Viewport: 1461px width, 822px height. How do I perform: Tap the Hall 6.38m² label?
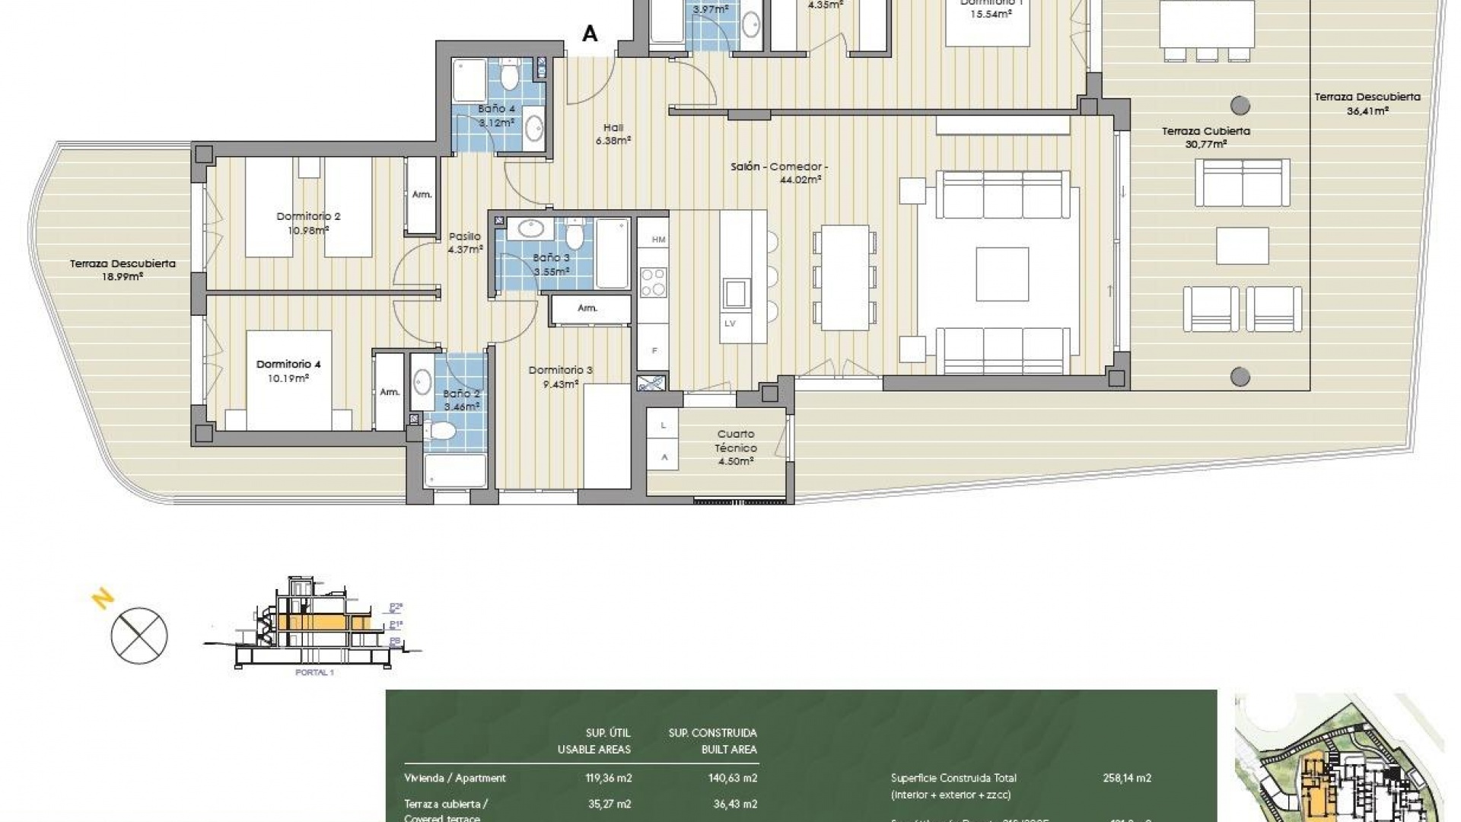[613, 134]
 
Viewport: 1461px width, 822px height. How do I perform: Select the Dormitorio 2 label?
[308, 222]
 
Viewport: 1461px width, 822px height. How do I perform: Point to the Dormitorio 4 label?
[288, 371]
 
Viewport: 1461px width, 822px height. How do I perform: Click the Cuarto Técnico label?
[735, 448]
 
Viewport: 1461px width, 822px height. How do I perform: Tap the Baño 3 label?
[551, 264]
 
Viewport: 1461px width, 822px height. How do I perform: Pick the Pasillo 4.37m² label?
[465, 243]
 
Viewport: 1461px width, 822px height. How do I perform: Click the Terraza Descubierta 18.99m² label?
[123, 269]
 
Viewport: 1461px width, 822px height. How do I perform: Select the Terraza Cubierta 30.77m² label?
[1205, 137]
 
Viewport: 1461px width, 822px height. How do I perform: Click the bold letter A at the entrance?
[590, 33]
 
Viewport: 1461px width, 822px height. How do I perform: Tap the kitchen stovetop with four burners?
[652, 282]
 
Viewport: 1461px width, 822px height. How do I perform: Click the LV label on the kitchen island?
[730, 323]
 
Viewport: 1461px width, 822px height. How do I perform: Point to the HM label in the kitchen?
[658, 240]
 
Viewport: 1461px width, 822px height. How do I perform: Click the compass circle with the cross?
[139, 636]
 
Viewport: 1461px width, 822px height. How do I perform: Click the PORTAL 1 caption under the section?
[314, 673]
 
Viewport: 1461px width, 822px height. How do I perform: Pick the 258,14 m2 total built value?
[1127, 778]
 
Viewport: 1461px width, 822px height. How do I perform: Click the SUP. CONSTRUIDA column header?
[712, 733]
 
